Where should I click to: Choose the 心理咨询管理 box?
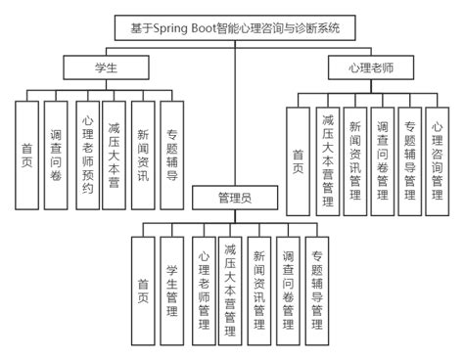438,161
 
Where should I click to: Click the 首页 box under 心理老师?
298,161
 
